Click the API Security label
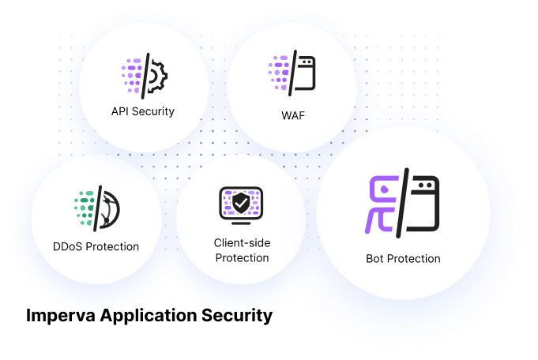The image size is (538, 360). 143,111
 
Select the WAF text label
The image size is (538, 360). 292,116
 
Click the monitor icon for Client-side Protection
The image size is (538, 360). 241,206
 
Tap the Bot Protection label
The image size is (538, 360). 403,258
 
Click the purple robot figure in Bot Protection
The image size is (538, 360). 382,204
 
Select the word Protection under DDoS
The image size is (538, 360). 111,246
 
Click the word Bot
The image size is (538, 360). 376,258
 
